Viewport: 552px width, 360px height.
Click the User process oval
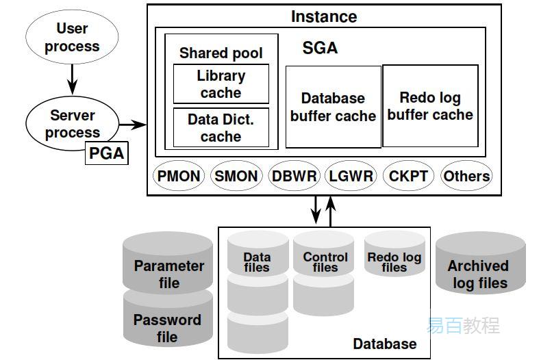[72, 38]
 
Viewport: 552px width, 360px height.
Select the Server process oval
[72, 123]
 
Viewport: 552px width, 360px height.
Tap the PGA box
[107, 153]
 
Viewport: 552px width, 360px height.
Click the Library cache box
[221, 84]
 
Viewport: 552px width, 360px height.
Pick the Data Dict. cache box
[221, 127]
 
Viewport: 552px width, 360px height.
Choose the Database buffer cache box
[333, 107]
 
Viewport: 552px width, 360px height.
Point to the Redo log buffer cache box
[430, 106]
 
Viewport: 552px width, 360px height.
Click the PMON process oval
[179, 176]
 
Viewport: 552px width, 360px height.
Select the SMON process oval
[236, 176]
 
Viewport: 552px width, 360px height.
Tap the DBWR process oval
[294, 176]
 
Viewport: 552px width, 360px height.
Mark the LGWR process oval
[351, 176]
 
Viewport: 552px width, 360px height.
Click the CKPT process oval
[408, 176]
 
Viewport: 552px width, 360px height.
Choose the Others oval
[466, 176]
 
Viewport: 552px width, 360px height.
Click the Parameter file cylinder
[168, 267]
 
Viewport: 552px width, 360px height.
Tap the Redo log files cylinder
[394, 257]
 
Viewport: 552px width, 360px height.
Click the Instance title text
[324, 16]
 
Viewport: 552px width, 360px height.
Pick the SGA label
[320, 49]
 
